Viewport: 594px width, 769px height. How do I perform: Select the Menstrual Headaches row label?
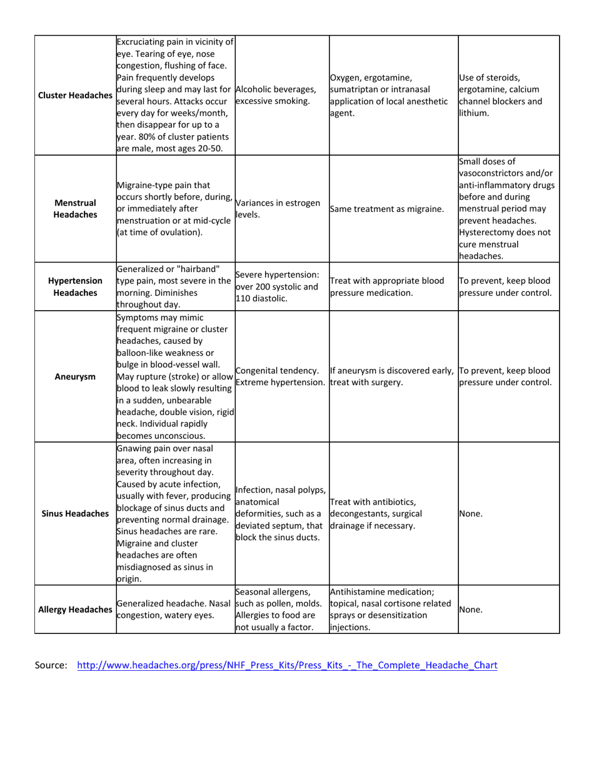74,209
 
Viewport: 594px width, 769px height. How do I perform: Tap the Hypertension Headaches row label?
74,287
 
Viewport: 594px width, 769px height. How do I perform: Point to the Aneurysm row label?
74,376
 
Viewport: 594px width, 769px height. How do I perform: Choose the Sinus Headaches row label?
74,513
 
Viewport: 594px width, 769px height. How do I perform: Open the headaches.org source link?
287,665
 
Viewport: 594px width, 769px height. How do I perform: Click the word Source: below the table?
51,665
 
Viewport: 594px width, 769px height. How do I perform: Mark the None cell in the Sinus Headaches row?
470,513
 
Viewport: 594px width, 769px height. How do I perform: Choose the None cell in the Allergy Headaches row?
470,608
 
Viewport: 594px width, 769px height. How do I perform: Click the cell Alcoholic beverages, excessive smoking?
275,95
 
